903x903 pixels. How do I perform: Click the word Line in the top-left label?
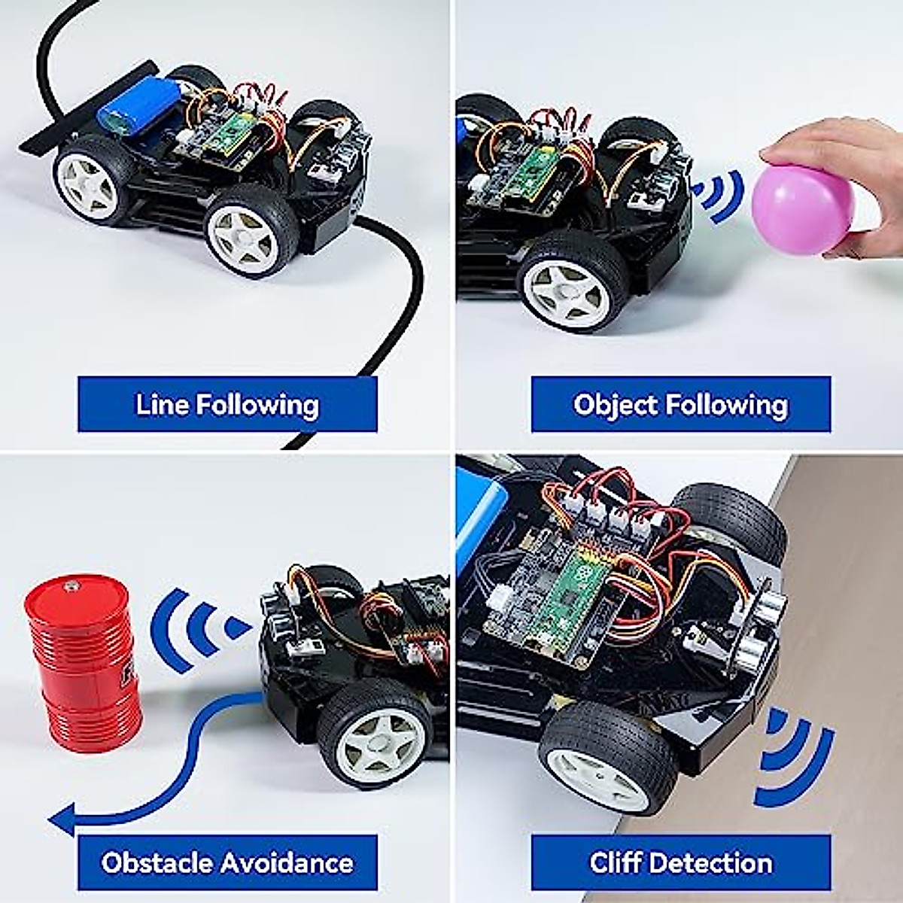point(162,405)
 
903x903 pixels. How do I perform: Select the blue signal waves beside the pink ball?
point(719,196)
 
